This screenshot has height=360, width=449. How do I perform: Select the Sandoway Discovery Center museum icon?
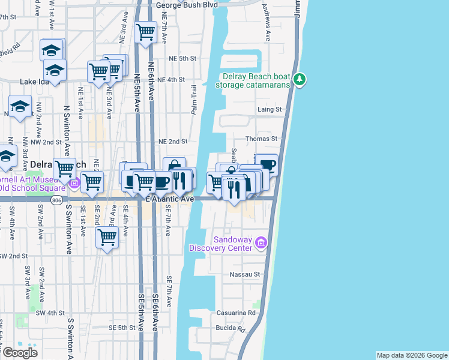[261, 242]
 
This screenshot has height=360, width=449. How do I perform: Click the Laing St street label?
[270, 110]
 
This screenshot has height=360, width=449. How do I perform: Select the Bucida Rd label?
[232, 329]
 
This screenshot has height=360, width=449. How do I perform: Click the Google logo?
[20, 352]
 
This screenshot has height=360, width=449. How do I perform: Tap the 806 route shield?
[57, 201]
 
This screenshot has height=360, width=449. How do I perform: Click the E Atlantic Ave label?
[170, 199]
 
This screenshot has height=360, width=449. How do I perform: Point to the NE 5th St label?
[183, 58]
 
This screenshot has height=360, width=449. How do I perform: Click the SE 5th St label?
[122, 328]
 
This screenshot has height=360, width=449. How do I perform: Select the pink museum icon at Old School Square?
[74, 182]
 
